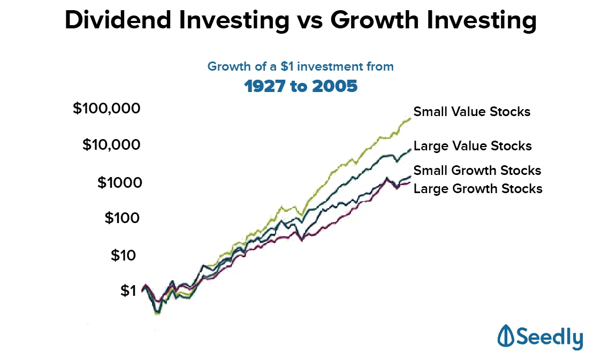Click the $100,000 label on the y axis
tap(106, 109)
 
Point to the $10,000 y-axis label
tap(111, 145)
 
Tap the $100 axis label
tap(121, 218)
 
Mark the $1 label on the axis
tap(128, 291)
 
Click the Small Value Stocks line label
tap(471, 112)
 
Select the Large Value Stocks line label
tap(473, 146)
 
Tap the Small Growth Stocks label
tap(477, 171)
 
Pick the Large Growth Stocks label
tap(478, 188)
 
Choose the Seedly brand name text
tap(550, 338)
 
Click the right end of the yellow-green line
tap(410, 118)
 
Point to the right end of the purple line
tap(409, 183)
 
